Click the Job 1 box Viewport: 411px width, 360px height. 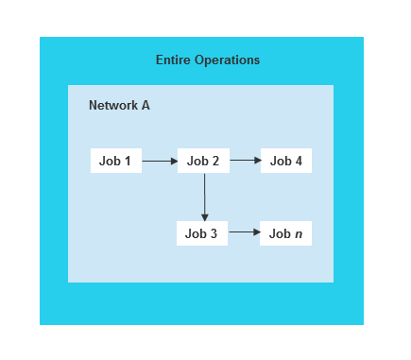116,161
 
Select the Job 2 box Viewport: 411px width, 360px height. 203,161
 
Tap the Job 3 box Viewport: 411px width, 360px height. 202,233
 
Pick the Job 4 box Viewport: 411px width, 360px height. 286,161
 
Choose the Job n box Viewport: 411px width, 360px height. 286,233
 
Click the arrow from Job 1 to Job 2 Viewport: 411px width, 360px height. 160,161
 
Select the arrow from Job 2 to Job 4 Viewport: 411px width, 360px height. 245,161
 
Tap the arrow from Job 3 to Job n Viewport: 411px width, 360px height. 244,232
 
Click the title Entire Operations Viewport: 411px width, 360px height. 208,60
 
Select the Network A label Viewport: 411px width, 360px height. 119,105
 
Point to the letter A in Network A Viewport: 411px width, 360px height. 146,105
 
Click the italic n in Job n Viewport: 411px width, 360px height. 299,234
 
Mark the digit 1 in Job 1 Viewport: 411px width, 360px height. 128,161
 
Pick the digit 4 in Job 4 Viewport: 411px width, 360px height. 299,161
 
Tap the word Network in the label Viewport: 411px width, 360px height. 113,105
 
